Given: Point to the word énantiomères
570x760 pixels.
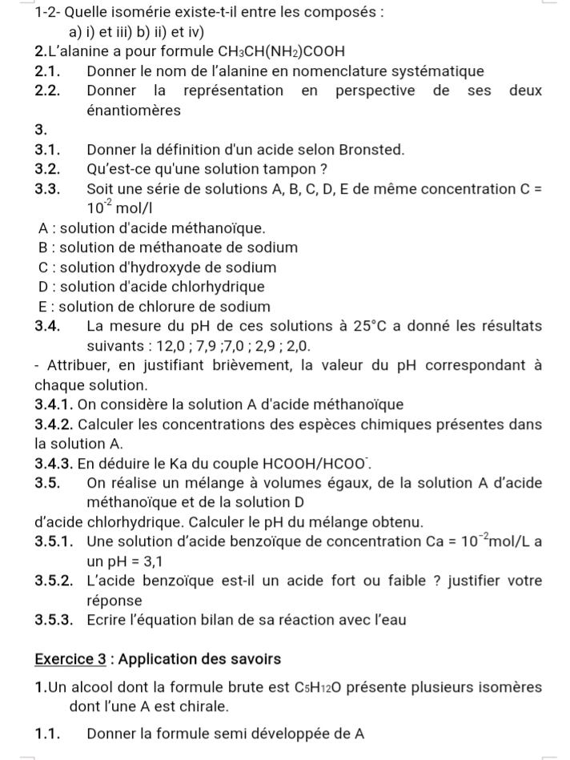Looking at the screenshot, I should click(x=134, y=111).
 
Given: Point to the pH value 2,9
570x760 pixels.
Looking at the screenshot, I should click(x=272, y=346).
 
